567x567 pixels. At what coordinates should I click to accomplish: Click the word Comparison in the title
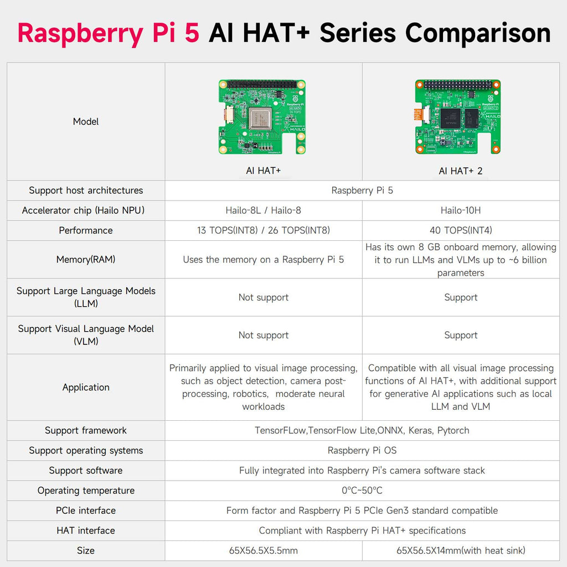(478, 34)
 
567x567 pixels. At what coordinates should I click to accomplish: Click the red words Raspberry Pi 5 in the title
(109, 34)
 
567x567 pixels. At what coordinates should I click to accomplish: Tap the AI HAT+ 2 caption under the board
(461, 171)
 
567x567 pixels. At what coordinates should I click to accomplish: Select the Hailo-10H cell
(461, 210)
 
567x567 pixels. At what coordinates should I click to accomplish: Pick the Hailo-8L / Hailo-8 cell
(263, 210)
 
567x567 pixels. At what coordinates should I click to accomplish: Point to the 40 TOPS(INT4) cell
(461, 230)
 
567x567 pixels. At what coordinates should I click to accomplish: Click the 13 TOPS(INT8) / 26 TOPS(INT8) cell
(263, 230)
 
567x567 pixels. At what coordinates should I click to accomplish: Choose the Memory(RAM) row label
(86, 259)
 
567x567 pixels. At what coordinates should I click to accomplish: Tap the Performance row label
(86, 230)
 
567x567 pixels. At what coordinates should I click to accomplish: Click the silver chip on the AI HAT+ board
(260, 118)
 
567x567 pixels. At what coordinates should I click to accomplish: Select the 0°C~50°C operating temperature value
(362, 491)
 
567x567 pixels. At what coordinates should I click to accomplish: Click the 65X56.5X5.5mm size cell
(263, 550)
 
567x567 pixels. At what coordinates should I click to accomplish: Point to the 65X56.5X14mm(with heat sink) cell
(461, 550)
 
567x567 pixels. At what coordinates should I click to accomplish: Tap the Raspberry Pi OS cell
(362, 450)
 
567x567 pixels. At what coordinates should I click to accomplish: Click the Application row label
(86, 387)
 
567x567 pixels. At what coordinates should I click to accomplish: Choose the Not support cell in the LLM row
(263, 297)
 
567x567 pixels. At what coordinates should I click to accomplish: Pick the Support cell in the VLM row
(461, 335)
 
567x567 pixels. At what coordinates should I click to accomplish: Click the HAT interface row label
(86, 530)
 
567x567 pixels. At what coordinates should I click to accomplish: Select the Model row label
(86, 121)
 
